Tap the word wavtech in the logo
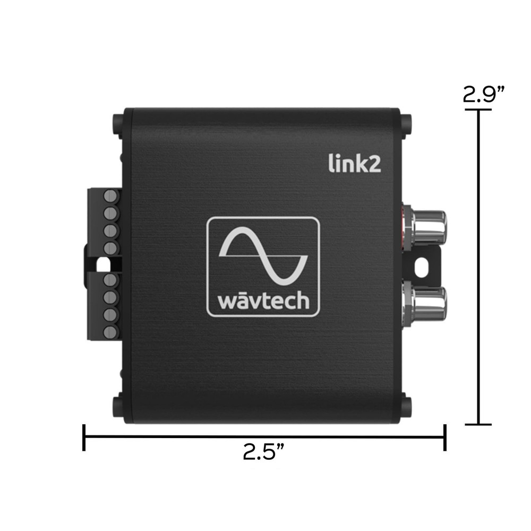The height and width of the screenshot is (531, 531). pos(263,301)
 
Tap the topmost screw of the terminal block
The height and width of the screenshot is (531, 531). pos(110,195)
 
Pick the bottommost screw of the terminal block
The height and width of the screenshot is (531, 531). pos(110,332)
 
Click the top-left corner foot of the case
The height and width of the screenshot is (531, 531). pos(117,124)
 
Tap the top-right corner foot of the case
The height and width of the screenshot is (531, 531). pos(406,124)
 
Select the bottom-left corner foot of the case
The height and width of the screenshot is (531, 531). pos(117,406)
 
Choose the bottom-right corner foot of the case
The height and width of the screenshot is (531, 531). pos(406,406)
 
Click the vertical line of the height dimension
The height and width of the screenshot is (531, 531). pos(479,265)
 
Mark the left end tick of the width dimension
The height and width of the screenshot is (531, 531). pos(84,437)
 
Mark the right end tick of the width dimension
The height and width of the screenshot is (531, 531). pos(444,437)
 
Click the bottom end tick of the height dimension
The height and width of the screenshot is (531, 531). pos(479,424)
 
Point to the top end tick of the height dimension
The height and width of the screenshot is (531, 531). pos(479,110)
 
